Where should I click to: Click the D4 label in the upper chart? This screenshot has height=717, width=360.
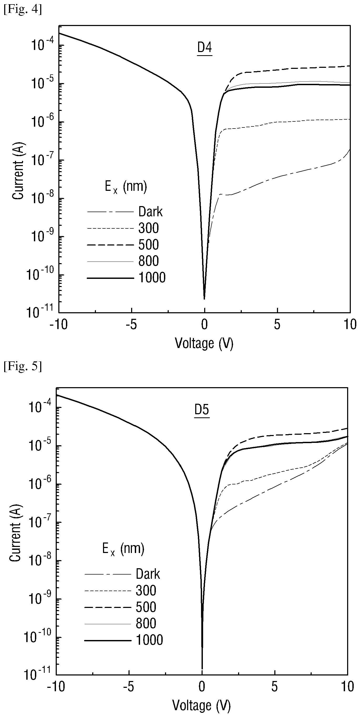(x=205, y=48)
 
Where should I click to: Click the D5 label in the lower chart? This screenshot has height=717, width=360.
(x=202, y=410)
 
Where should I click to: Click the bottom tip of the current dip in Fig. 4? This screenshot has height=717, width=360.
(x=204, y=299)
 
